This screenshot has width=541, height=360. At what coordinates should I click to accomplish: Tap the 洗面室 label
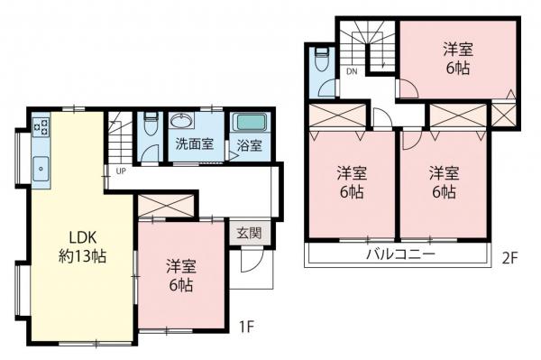[x=194, y=143]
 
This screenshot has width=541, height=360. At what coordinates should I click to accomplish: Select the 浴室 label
[x=250, y=144]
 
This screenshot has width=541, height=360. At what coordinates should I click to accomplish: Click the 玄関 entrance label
[x=249, y=232]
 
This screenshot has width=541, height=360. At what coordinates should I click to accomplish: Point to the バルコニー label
[x=400, y=255]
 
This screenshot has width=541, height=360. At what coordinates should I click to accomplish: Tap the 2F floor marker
[x=510, y=256]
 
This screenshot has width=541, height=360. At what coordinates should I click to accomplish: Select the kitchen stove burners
[x=41, y=127]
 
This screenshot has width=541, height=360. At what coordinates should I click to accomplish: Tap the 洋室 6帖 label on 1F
[x=181, y=274]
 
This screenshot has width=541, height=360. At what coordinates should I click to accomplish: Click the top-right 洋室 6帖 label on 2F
[x=457, y=57]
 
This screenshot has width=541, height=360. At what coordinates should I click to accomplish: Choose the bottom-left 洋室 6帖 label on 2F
[x=351, y=181]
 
